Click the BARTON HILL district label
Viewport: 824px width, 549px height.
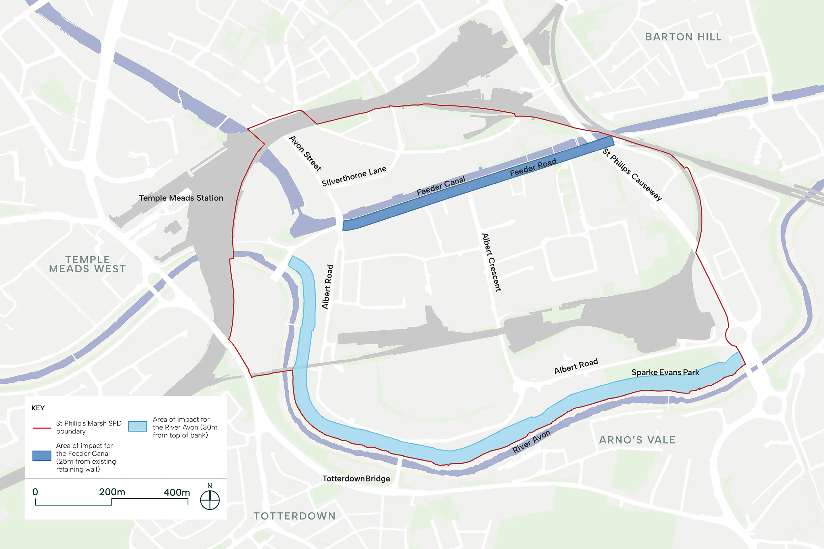pos(683,37)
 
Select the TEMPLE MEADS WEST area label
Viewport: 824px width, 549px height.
pos(88,264)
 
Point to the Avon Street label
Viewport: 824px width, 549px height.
pos(305,153)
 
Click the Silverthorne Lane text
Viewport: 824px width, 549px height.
pos(354,176)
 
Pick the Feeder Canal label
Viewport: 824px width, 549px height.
pos(441,185)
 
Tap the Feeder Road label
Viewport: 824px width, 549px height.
pos(533,167)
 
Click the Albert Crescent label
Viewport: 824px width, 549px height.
pos(491,262)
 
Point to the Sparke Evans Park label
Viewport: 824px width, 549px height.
pos(665,372)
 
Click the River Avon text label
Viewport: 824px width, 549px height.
pos(531,442)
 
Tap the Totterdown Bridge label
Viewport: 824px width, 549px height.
pos(356,479)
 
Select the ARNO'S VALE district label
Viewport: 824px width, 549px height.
pos(637,440)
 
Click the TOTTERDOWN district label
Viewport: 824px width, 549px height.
pos(295,516)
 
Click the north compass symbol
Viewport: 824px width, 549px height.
pos(210,500)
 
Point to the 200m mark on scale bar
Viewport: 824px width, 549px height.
pos(112,492)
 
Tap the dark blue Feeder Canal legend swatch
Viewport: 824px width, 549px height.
pos(42,455)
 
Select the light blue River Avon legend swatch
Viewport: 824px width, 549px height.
pos(137,426)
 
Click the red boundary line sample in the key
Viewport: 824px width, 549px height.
pos(42,428)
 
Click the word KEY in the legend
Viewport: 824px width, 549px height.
pos(38,408)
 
